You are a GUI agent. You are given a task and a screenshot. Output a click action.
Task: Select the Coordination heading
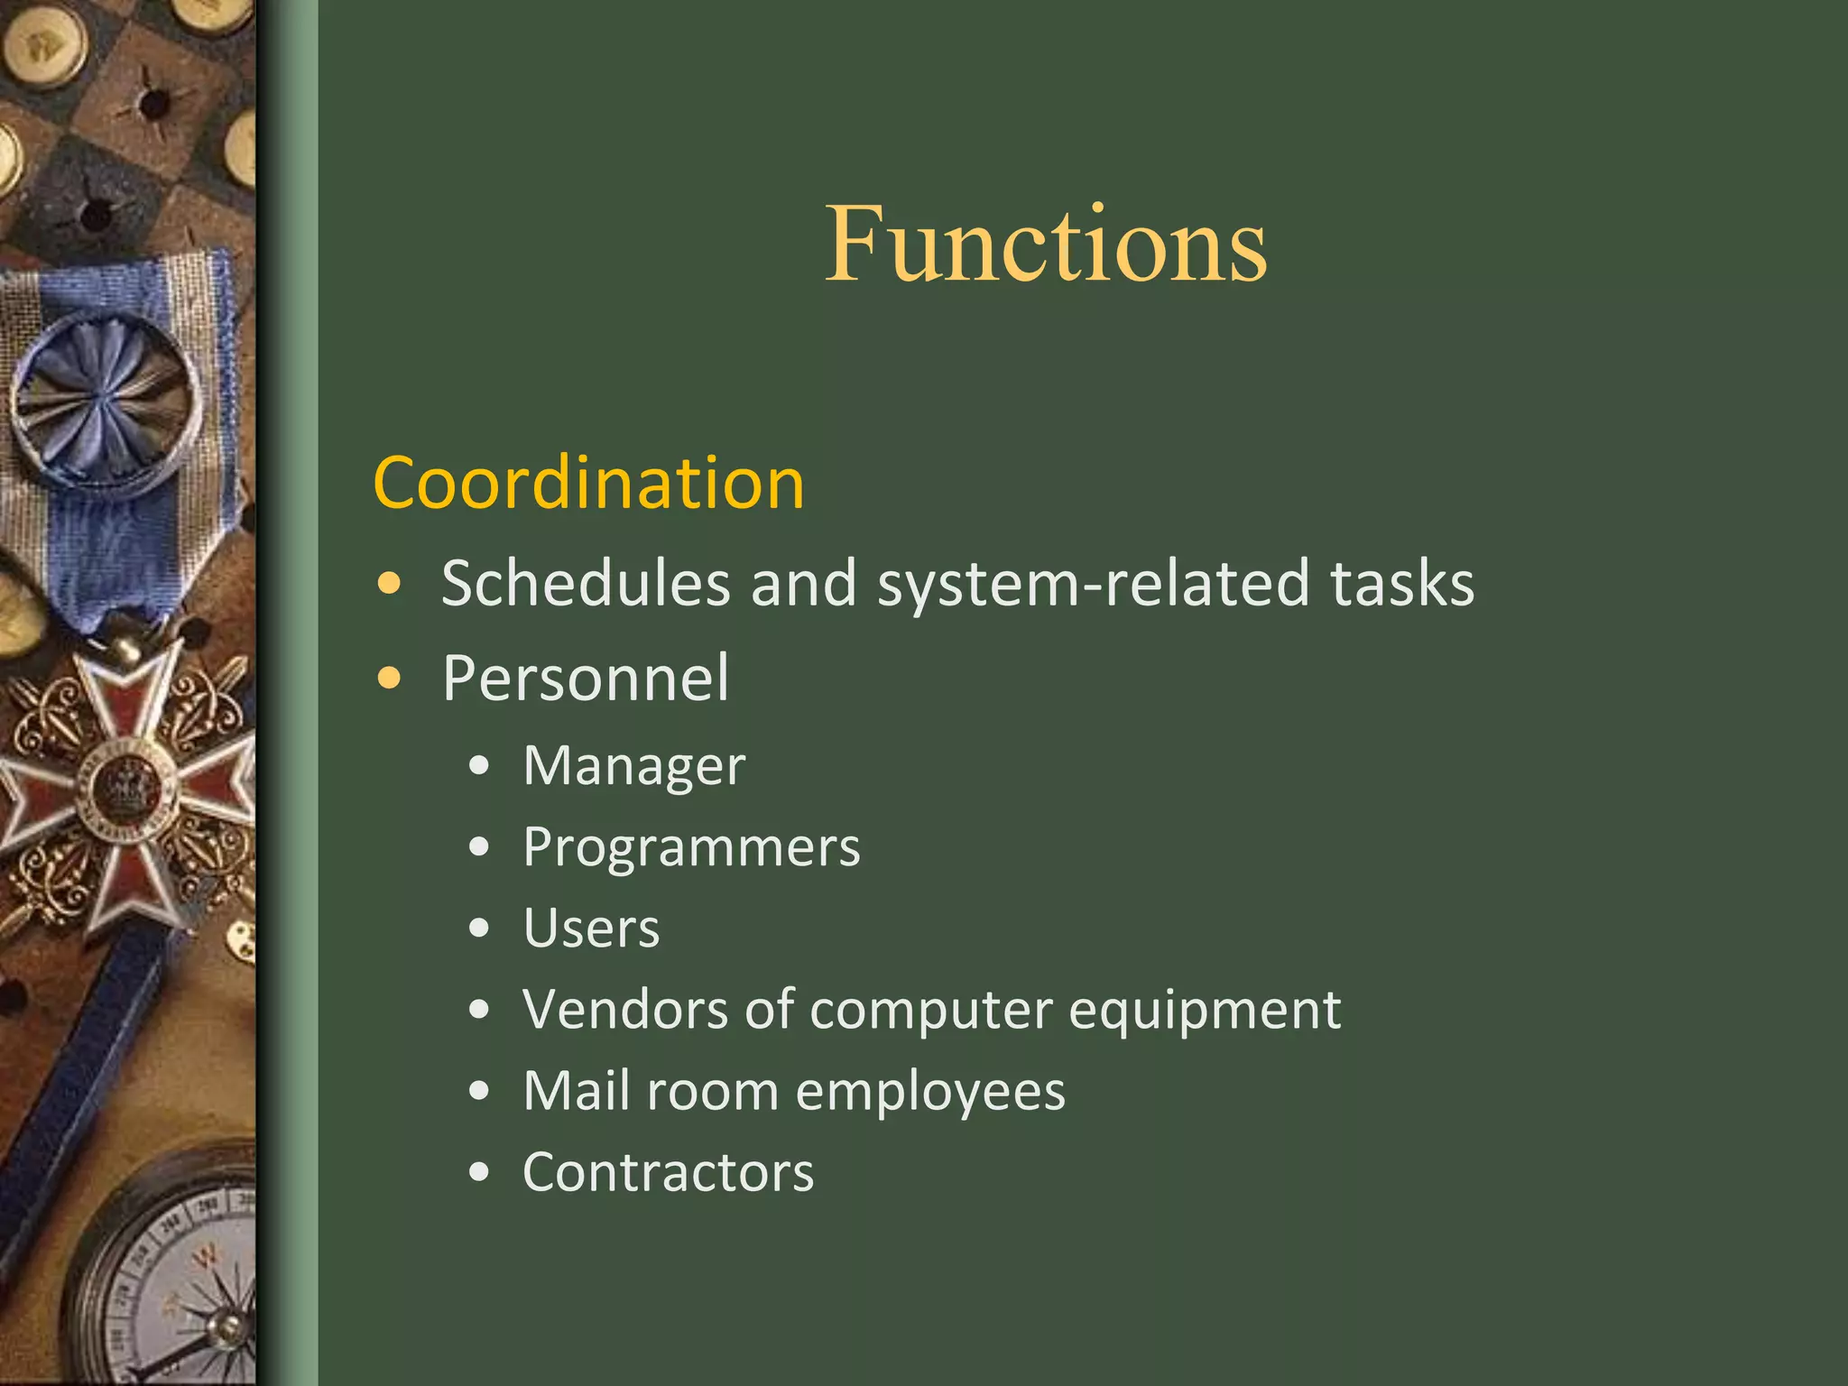click(588, 483)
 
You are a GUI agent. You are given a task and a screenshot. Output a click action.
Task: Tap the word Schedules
click(585, 583)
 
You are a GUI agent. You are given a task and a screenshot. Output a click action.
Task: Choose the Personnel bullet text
click(586, 678)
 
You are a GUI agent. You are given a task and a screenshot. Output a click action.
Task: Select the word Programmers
click(691, 847)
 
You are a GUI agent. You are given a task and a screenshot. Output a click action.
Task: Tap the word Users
click(591, 929)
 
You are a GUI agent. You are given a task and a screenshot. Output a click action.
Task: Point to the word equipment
click(1204, 1010)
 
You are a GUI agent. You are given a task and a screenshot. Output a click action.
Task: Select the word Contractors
click(668, 1172)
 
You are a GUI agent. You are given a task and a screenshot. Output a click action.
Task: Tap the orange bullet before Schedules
click(389, 584)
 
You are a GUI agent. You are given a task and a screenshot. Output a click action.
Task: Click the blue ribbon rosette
click(106, 402)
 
